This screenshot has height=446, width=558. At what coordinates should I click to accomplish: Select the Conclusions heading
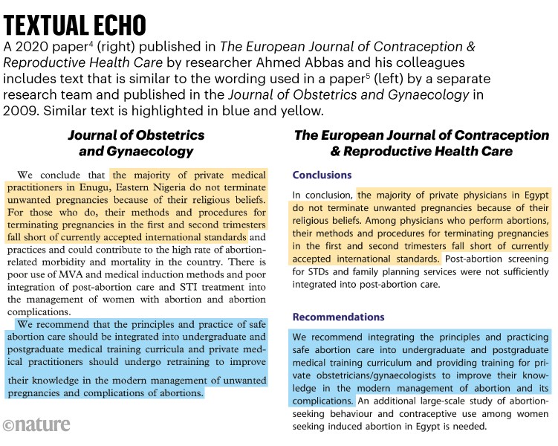click(322, 175)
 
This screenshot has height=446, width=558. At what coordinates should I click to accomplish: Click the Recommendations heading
click(337, 317)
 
